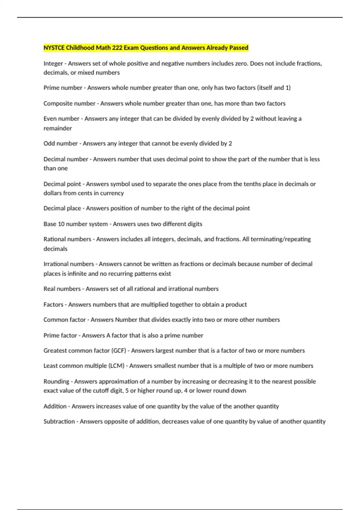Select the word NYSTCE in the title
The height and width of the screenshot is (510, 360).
click(x=54, y=48)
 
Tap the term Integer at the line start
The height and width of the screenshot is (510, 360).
click(x=53, y=64)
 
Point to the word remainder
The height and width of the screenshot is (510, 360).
click(x=58, y=128)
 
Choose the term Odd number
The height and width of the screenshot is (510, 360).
click(x=61, y=143)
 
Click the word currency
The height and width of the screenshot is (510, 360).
click(x=112, y=193)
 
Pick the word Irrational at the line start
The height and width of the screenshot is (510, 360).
click(x=56, y=264)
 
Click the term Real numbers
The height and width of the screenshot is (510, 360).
click(x=62, y=289)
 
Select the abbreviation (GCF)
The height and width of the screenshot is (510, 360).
click(x=118, y=351)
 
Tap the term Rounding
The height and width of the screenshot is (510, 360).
click(x=56, y=382)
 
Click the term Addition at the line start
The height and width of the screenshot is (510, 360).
click(x=55, y=406)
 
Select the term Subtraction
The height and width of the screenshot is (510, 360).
click(x=59, y=421)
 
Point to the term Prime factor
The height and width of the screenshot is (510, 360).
click(x=60, y=335)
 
